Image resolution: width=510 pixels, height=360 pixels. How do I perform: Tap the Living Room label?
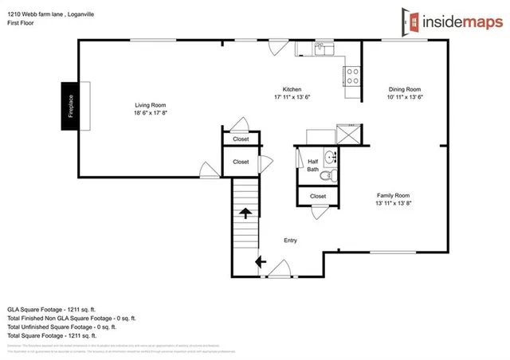[x=150, y=105]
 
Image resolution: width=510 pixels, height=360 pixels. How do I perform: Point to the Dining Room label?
[x=405, y=89]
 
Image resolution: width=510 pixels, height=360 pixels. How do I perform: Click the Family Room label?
[x=393, y=195]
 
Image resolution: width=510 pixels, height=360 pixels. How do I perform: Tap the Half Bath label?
[x=313, y=165]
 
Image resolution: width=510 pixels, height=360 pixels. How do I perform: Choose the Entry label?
[x=291, y=240]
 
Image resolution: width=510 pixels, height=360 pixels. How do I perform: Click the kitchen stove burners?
[x=352, y=76]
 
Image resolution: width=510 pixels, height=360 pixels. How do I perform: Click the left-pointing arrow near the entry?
[x=260, y=261]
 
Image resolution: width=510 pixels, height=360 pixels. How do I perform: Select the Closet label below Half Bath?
[x=318, y=196]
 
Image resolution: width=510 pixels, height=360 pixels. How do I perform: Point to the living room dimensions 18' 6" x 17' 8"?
[x=150, y=113]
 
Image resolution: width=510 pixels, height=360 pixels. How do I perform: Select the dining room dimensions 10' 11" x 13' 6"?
[x=405, y=97]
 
